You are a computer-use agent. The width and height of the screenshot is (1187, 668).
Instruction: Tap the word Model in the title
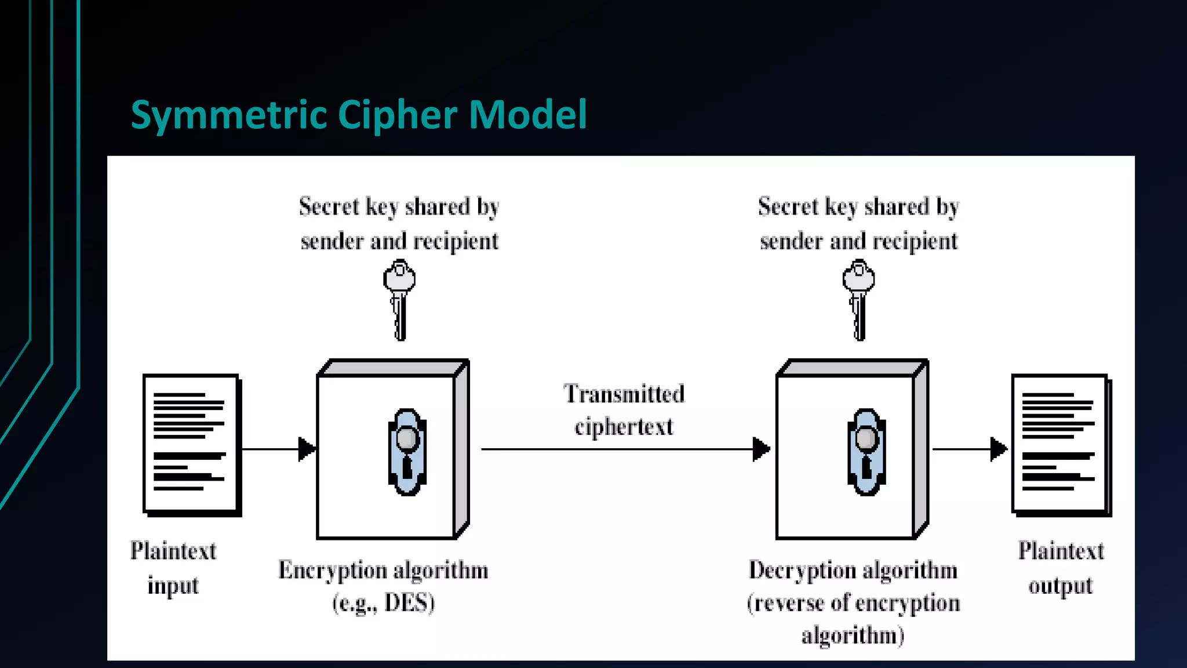pyautogui.click(x=528, y=114)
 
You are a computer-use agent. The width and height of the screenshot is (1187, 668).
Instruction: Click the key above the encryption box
pyautogui.click(x=399, y=299)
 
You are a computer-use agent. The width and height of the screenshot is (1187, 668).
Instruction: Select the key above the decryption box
pyautogui.click(x=858, y=299)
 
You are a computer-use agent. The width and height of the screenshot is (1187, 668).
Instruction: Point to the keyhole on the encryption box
pyautogui.click(x=407, y=452)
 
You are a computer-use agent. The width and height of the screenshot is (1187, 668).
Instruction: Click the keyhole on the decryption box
pyautogui.click(x=866, y=452)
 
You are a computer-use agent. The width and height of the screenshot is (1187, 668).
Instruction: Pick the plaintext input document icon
pyautogui.click(x=191, y=445)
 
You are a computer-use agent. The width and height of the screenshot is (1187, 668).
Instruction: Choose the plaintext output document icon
pyautogui.click(x=1061, y=445)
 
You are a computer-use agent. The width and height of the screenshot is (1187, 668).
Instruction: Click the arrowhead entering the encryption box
pyautogui.click(x=307, y=449)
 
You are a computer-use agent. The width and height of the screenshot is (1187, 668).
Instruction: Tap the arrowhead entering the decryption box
pyautogui.click(x=761, y=449)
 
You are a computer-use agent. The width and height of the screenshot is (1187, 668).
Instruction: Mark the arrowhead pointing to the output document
pyautogui.click(x=999, y=449)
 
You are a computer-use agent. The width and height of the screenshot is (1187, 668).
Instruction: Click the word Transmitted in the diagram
pyautogui.click(x=624, y=394)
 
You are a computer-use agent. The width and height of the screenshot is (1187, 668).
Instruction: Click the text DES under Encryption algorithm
pyautogui.click(x=409, y=603)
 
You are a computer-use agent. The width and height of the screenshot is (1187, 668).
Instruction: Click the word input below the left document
pyautogui.click(x=173, y=586)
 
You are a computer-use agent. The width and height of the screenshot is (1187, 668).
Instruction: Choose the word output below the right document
pyautogui.click(x=1061, y=586)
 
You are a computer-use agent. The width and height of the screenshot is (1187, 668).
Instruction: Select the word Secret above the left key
pyautogui.click(x=329, y=207)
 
